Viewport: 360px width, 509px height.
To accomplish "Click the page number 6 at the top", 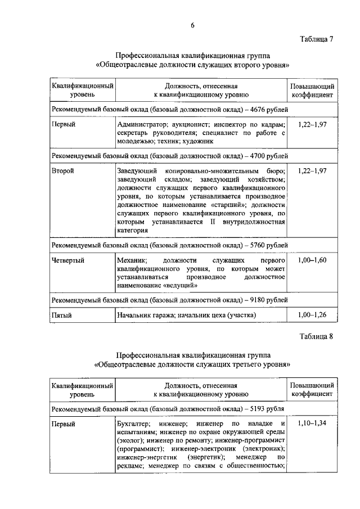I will (192, 26).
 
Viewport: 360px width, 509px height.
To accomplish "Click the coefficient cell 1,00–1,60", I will (312, 260).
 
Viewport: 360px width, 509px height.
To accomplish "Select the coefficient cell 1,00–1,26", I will (312, 315).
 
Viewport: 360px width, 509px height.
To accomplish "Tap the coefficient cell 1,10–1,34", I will (312, 422).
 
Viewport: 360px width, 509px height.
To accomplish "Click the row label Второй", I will (62, 170).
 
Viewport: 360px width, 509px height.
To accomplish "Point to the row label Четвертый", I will (68, 260).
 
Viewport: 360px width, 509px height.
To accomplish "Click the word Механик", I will (132, 260).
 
